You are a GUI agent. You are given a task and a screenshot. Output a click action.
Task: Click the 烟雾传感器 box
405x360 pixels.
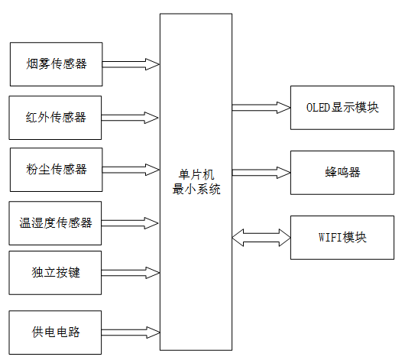point(55,64)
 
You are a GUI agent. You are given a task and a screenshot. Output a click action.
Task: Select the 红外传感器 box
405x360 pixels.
point(55,117)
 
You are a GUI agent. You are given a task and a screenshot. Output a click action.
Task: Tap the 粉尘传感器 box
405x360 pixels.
point(55,169)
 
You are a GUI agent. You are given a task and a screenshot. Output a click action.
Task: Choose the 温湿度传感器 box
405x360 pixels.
point(55,222)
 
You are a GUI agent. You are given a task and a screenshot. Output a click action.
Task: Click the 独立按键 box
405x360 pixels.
point(55,271)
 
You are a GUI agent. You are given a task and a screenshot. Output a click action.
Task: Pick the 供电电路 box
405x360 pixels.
point(55,332)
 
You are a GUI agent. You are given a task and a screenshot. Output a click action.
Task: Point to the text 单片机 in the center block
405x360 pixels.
point(196,175)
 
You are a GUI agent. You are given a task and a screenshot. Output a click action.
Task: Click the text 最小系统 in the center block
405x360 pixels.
point(196,189)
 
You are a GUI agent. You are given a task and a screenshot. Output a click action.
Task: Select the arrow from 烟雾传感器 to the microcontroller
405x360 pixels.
point(130,64)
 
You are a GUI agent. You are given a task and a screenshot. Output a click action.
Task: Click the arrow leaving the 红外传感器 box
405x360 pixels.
point(130,117)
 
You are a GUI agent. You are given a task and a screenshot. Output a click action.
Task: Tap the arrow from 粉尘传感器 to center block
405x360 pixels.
point(130,169)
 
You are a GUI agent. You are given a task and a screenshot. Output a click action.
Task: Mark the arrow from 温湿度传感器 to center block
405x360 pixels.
point(130,222)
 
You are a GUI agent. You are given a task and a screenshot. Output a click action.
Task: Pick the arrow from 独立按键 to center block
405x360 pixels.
point(130,271)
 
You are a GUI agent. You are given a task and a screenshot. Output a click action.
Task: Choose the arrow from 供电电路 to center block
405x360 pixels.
point(130,332)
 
